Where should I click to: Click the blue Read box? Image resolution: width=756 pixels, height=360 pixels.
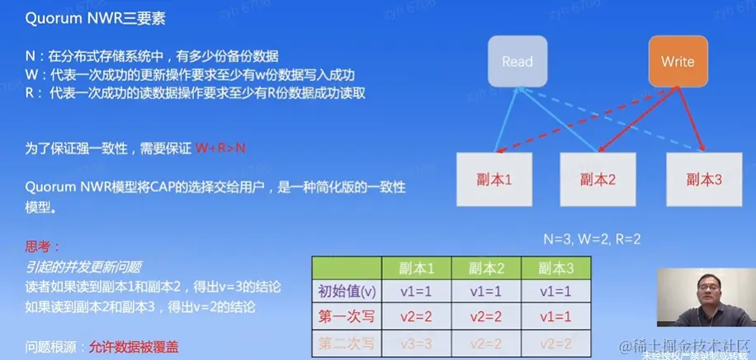[517, 62]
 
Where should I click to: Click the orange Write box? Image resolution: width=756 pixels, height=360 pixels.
[678, 62]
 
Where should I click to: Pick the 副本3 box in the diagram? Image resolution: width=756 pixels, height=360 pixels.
[703, 179]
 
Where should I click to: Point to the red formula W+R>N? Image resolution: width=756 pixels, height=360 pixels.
[220, 149]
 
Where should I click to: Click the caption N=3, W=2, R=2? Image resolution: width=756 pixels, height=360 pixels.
[592, 238]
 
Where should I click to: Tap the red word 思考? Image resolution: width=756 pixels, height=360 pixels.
[40, 247]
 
